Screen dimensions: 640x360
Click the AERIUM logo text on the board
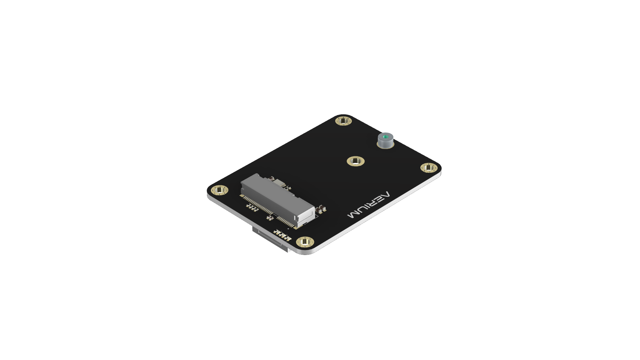point(368,205)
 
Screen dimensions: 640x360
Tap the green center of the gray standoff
point(386,136)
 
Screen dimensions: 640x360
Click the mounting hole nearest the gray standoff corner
point(344,121)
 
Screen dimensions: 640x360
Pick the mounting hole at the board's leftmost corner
point(220,190)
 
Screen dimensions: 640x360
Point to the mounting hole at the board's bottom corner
point(305,242)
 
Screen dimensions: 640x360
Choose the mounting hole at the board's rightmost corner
point(429,168)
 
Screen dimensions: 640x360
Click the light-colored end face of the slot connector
point(306,217)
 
